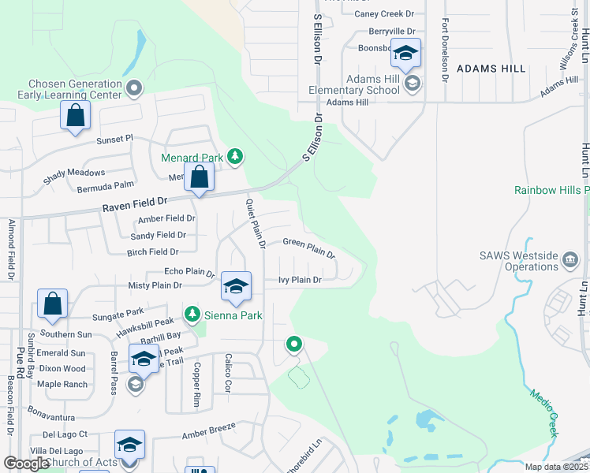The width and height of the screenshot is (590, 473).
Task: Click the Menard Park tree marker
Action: [x=235, y=156]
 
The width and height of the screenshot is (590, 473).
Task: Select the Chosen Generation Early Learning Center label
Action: [x=76, y=89]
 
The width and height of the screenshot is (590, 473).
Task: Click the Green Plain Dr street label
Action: [x=309, y=248]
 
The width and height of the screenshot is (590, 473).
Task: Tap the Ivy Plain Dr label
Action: [x=300, y=280]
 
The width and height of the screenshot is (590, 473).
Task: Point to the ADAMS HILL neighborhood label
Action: [x=491, y=69]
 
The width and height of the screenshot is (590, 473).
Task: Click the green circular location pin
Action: [x=294, y=344]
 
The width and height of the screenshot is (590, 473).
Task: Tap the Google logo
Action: [x=26, y=463]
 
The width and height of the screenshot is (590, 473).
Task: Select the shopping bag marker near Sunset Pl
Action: [x=76, y=116]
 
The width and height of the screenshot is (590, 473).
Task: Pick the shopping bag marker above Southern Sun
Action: [x=52, y=304]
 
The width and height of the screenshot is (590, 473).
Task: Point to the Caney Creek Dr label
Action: [x=384, y=13]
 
